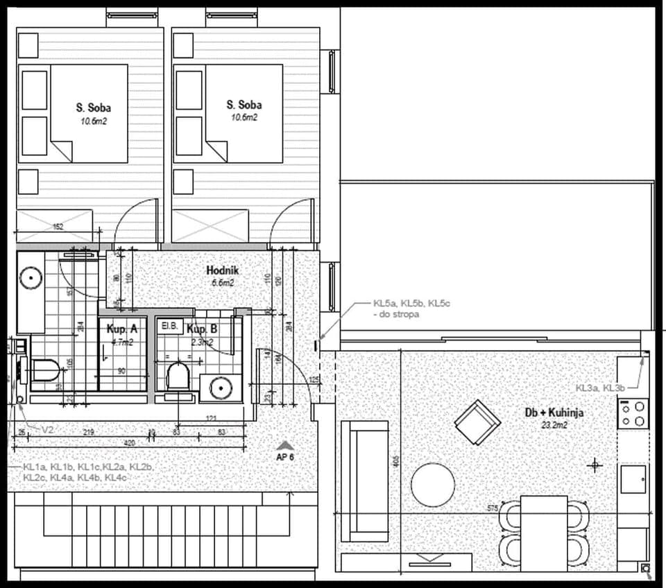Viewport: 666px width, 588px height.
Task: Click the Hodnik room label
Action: [x=223, y=270]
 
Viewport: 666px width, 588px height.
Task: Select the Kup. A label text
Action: [x=121, y=329]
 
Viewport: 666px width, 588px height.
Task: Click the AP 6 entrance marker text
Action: [x=285, y=458]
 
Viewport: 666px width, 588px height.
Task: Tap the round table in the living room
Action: [x=433, y=485]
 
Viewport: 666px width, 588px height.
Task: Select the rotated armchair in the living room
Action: [x=477, y=422]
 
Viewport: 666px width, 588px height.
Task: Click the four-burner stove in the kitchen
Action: [x=633, y=414]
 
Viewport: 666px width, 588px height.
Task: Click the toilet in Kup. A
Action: [x=45, y=370]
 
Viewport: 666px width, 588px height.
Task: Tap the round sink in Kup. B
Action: [x=221, y=388]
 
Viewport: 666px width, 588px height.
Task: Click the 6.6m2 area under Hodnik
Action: [x=223, y=283]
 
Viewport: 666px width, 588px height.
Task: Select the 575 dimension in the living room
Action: [x=493, y=508]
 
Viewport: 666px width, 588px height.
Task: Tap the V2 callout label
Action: [x=47, y=430]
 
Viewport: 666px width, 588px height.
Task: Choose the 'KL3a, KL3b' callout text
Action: [x=600, y=388]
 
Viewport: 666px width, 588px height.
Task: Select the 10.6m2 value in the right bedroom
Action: [x=244, y=118]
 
